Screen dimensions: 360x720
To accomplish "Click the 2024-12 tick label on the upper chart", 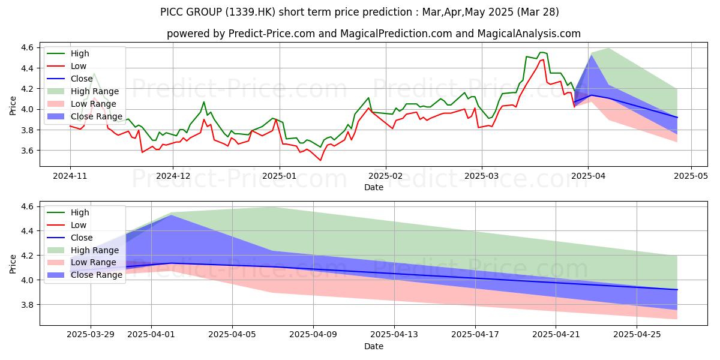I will pos(173,176).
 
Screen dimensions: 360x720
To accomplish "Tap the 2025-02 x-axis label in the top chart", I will pos(386,176).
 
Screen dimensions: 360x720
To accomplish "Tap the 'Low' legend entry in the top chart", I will pos(79,66).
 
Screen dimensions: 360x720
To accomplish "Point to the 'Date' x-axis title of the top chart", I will pos(374,187).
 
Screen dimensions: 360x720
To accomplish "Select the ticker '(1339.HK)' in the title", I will pos(245,12).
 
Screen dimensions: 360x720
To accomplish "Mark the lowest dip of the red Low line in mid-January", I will pos(320,160).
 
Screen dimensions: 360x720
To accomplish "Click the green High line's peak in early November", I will pos(94,73).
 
